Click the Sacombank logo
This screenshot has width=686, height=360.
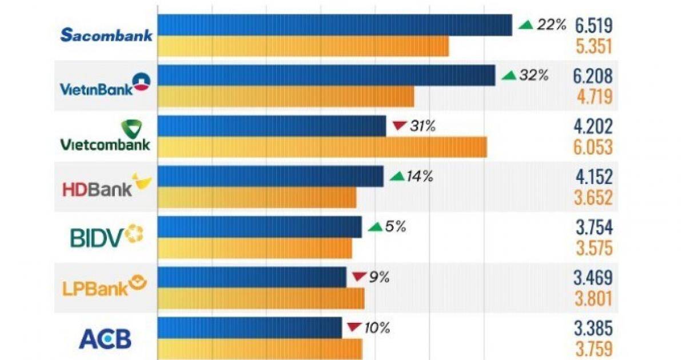pos(106,35)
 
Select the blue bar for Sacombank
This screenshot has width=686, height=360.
pos(334,25)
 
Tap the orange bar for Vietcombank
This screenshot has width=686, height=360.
pos(322,147)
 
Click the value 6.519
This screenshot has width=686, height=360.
pos(593,26)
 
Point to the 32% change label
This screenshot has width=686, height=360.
pos(533,75)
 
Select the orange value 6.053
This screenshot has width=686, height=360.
pos(593,147)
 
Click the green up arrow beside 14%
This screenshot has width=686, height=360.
pos(396,177)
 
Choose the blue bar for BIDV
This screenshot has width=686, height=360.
pos(260,227)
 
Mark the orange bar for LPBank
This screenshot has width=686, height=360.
pos(261,298)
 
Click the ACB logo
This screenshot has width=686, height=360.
pos(105,339)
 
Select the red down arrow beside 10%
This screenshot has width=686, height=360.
pos(354,328)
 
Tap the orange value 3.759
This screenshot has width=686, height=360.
pos(593,349)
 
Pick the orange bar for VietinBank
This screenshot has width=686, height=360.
pos(285,97)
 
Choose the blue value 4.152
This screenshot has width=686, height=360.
pos(593,177)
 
